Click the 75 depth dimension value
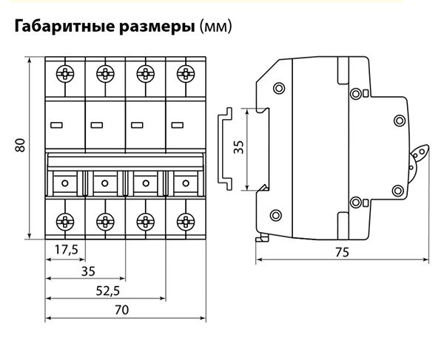[341, 252]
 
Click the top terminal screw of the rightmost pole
[185, 74]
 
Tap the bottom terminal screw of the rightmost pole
[185, 220]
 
